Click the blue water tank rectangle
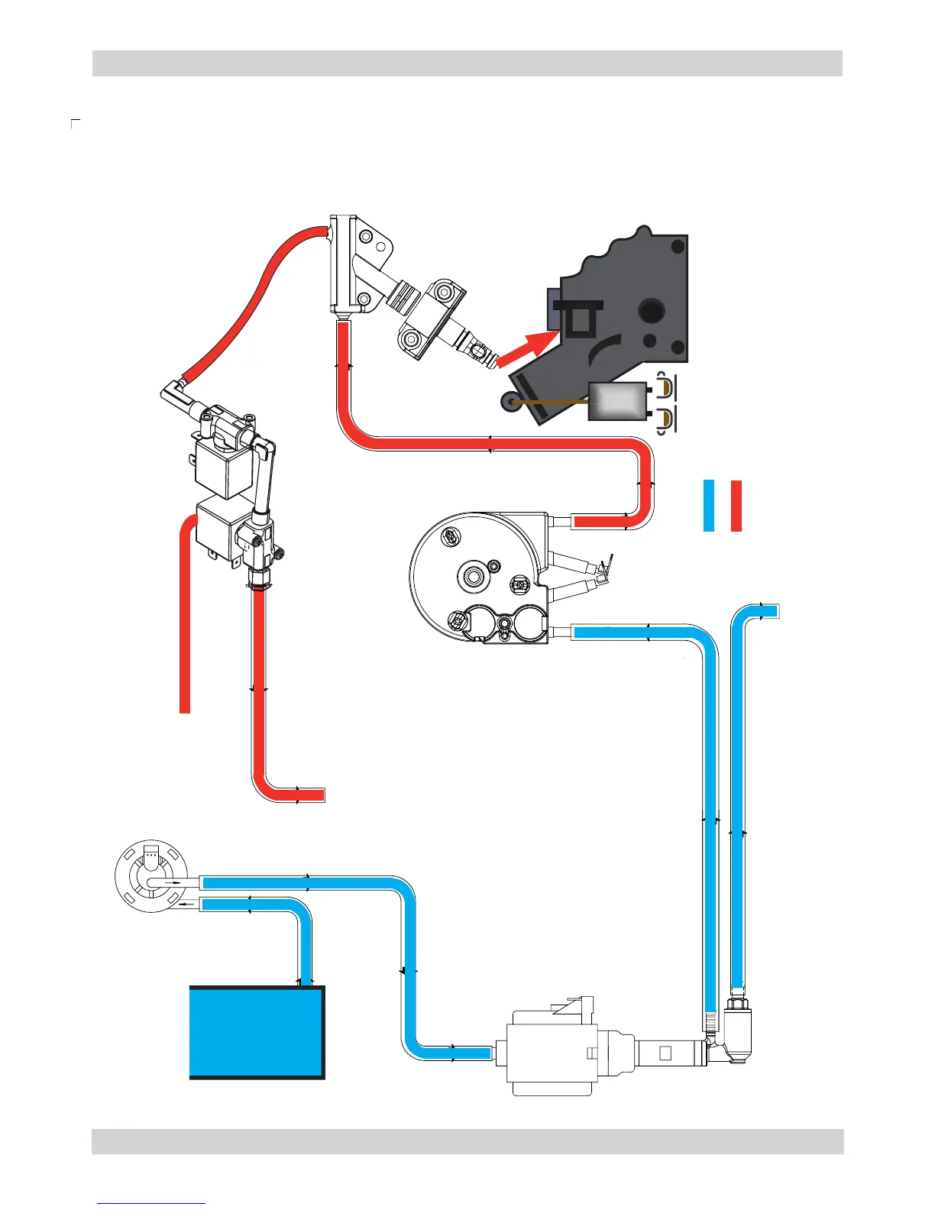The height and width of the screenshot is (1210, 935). click(x=257, y=1031)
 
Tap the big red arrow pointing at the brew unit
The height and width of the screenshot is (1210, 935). click(x=527, y=348)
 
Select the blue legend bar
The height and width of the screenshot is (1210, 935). click(x=708, y=506)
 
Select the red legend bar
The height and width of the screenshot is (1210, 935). click(x=736, y=506)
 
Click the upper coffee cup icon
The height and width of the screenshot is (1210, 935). click(x=667, y=388)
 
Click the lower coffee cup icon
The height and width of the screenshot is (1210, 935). click(x=667, y=419)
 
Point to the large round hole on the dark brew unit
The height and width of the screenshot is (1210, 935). click(x=652, y=310)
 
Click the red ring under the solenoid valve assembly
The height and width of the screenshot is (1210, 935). click(x=259, y=587)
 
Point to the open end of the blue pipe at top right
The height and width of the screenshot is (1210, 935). click(x=773, y=610)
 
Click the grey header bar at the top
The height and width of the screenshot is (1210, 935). click(x=467, y=63)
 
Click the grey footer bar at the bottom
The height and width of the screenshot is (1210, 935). click(x=467, y=1141)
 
